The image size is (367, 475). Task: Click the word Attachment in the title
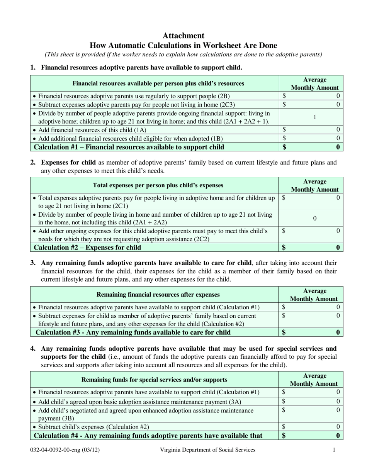point(183,36)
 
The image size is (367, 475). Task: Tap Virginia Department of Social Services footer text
point(207,450)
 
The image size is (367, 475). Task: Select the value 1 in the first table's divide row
point(314,117)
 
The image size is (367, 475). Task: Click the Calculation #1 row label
point(129,147)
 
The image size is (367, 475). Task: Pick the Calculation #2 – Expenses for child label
point(88,248)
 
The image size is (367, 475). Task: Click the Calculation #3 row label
point(133,332)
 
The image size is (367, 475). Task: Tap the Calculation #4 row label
point(148,436)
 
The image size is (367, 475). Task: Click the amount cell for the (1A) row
point(311,130)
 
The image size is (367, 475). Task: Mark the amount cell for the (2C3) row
point(311,104)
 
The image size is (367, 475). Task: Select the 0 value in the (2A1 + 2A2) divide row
point(314,219)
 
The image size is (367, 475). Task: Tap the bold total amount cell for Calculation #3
point(311,332)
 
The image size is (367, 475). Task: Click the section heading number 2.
point(33,163)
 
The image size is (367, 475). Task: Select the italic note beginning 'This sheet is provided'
point(183,54)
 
